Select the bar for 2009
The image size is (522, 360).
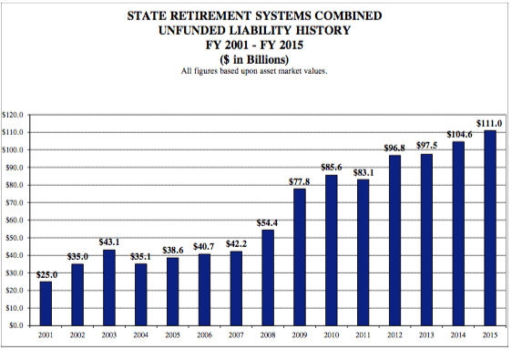[x=300, y=256]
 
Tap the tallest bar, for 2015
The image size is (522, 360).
[x=489, y=227]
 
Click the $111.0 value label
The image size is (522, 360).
[x=488, y=122]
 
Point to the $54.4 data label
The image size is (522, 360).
[x=268, y=221]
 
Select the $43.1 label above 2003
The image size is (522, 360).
[x=108, y=241]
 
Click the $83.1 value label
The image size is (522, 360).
[x=363, y=171]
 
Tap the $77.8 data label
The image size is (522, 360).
[x=300, y=181]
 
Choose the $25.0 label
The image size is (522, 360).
[x=46, y=273]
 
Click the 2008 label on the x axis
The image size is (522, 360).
[x=268, y=335]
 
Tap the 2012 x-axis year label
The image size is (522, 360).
[x=394, y=335]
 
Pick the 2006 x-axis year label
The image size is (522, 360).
[x=204, y=335]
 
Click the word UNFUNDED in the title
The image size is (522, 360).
[x=200, y=30]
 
